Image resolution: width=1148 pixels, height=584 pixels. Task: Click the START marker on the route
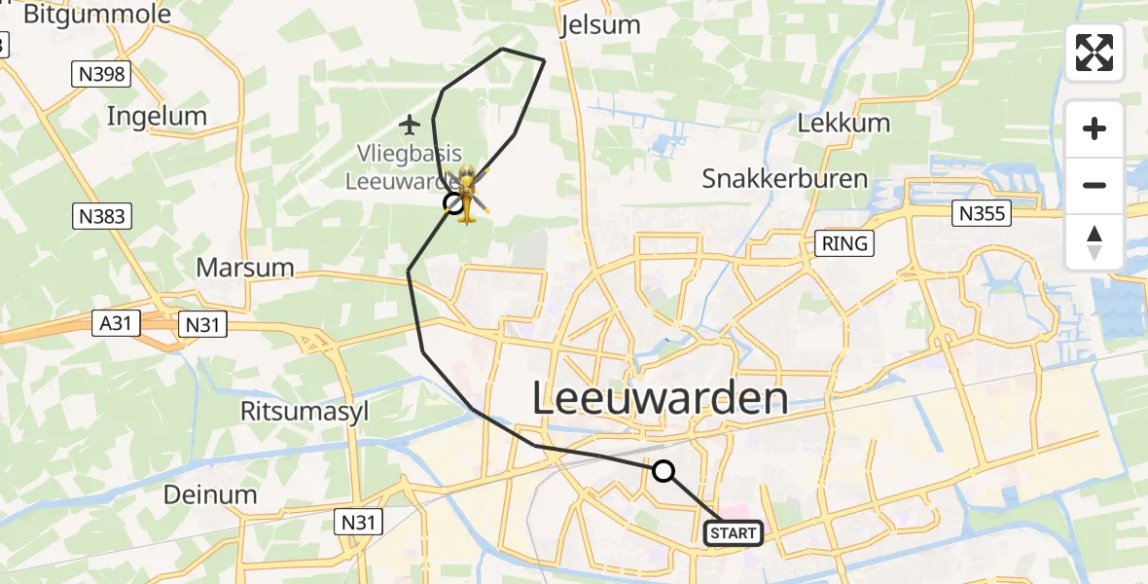coord(733,532)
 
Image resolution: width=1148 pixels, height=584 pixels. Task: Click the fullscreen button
coord(1094,53)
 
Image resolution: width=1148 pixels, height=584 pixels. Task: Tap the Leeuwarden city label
coord(661,399)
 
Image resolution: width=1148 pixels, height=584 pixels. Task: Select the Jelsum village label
coord(601,24)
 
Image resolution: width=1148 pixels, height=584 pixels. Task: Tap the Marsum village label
coord(245,267)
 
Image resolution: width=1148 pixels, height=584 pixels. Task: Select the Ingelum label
coord(157,117)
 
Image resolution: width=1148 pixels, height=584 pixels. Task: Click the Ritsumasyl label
coord(305,411)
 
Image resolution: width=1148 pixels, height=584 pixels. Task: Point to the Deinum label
coord(210,494)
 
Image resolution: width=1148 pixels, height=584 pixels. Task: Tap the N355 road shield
coord(983,213)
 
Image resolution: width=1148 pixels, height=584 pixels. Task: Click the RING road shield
coord(843,243)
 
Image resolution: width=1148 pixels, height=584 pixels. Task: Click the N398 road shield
coord(101,73)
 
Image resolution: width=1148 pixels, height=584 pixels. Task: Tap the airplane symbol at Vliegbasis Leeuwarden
coord(409,124)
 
